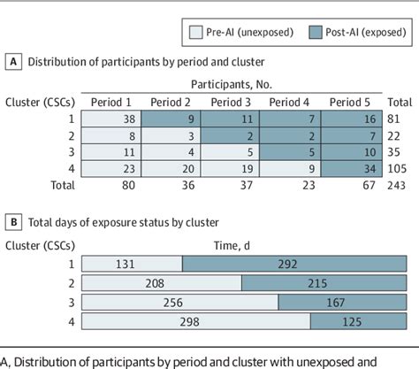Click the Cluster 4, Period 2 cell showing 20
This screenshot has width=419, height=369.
[172, 166]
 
